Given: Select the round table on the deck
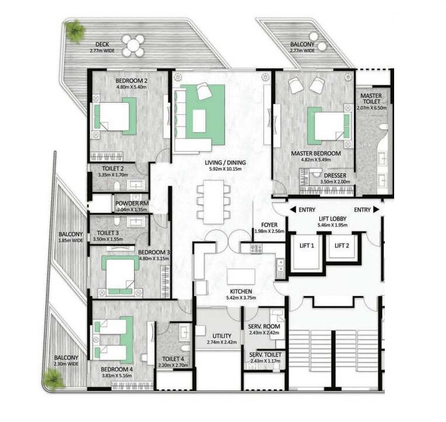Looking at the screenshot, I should pos(134,45).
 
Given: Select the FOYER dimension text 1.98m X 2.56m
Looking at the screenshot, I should pos(269,232).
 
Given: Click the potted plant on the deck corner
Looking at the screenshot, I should pos(74,29).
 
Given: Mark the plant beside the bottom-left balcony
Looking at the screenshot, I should pos(54,380).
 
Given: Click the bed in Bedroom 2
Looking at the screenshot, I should pos(115,116).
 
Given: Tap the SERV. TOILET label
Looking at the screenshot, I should pos(265,355).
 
